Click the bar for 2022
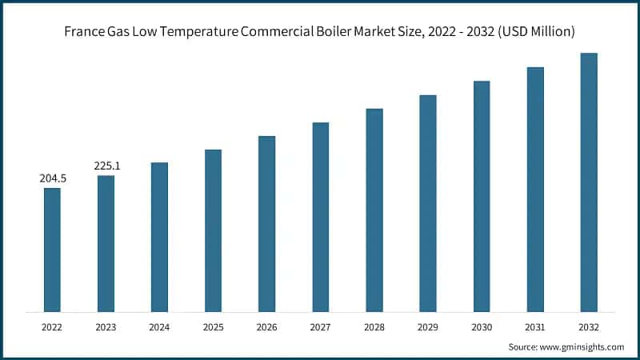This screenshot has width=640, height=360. pyautogui.click(x=52, y=250)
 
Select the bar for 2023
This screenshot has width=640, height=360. pyautogui.click(x=106, y=243)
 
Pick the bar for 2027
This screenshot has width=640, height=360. pyautogui.click(x=320, y=217)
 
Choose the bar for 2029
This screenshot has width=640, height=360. pyautogui.click(x=428, y=203)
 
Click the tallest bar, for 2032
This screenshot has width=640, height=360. pyautogui.click(x=589, y=182)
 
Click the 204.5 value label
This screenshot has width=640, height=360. pyautogui.click(x=53, y=178)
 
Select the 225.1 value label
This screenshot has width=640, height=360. pyautogui.click(x=106, y=166)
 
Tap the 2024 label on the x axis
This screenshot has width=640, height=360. pyautogui.click(x=159, y=327)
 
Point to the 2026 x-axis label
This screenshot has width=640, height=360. pyautogui.click(x=266, y=327)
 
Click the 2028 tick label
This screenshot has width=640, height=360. pyautogui.click(x=374, y=327)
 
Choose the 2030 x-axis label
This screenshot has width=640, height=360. pyautogui.click(x=482, y=327)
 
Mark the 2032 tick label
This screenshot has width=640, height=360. pyautogui.click(x=589, y=327)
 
